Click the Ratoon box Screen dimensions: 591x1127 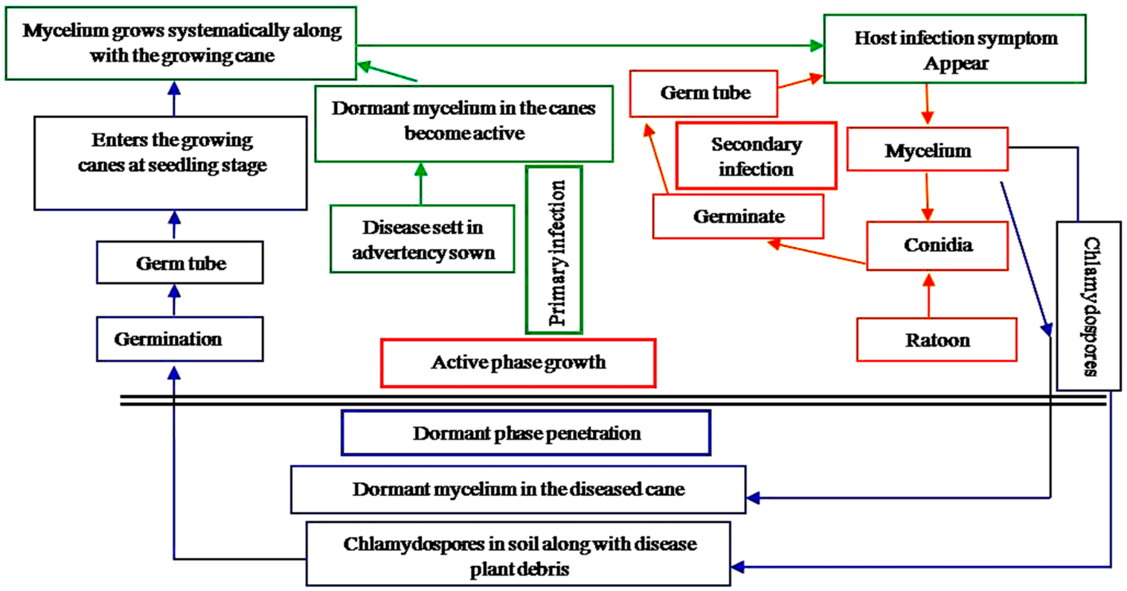tap(936, 340)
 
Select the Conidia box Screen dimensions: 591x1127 tap(937, 246)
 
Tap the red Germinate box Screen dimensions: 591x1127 tap(738, 217)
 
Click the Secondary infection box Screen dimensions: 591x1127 tap(756, 156)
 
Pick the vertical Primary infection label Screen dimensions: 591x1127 tap(554, 250)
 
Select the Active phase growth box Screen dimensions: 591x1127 tap(518, 363)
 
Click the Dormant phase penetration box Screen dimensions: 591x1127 tap(526, 433)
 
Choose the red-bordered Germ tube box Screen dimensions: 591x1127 tap(703, 93)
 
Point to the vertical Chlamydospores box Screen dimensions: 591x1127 tap(1088, 306)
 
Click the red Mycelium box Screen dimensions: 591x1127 tap(928, 150)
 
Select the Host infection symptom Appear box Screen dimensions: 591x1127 tap(955, 49)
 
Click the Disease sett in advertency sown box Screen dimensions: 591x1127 tap(422, 239)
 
